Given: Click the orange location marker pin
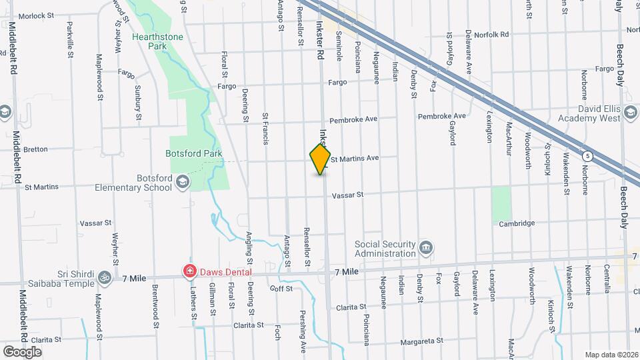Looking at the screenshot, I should click(x=320, y=159).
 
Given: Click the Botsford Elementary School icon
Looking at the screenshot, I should click(x=182, y=181).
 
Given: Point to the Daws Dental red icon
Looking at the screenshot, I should click(x=189, y=272).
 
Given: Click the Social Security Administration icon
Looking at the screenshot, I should click(x=425, y=249).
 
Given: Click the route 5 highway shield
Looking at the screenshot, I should click(x=587, y=156).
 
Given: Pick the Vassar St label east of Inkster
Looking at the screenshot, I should click(x=347, y=195).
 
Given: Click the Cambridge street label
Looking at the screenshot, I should click(x=517, y=223).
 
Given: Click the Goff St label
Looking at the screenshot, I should click(x=281, y=288).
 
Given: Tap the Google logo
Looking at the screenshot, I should click(x=22, y=351).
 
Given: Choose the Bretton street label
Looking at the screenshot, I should click(x=35, y=149).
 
